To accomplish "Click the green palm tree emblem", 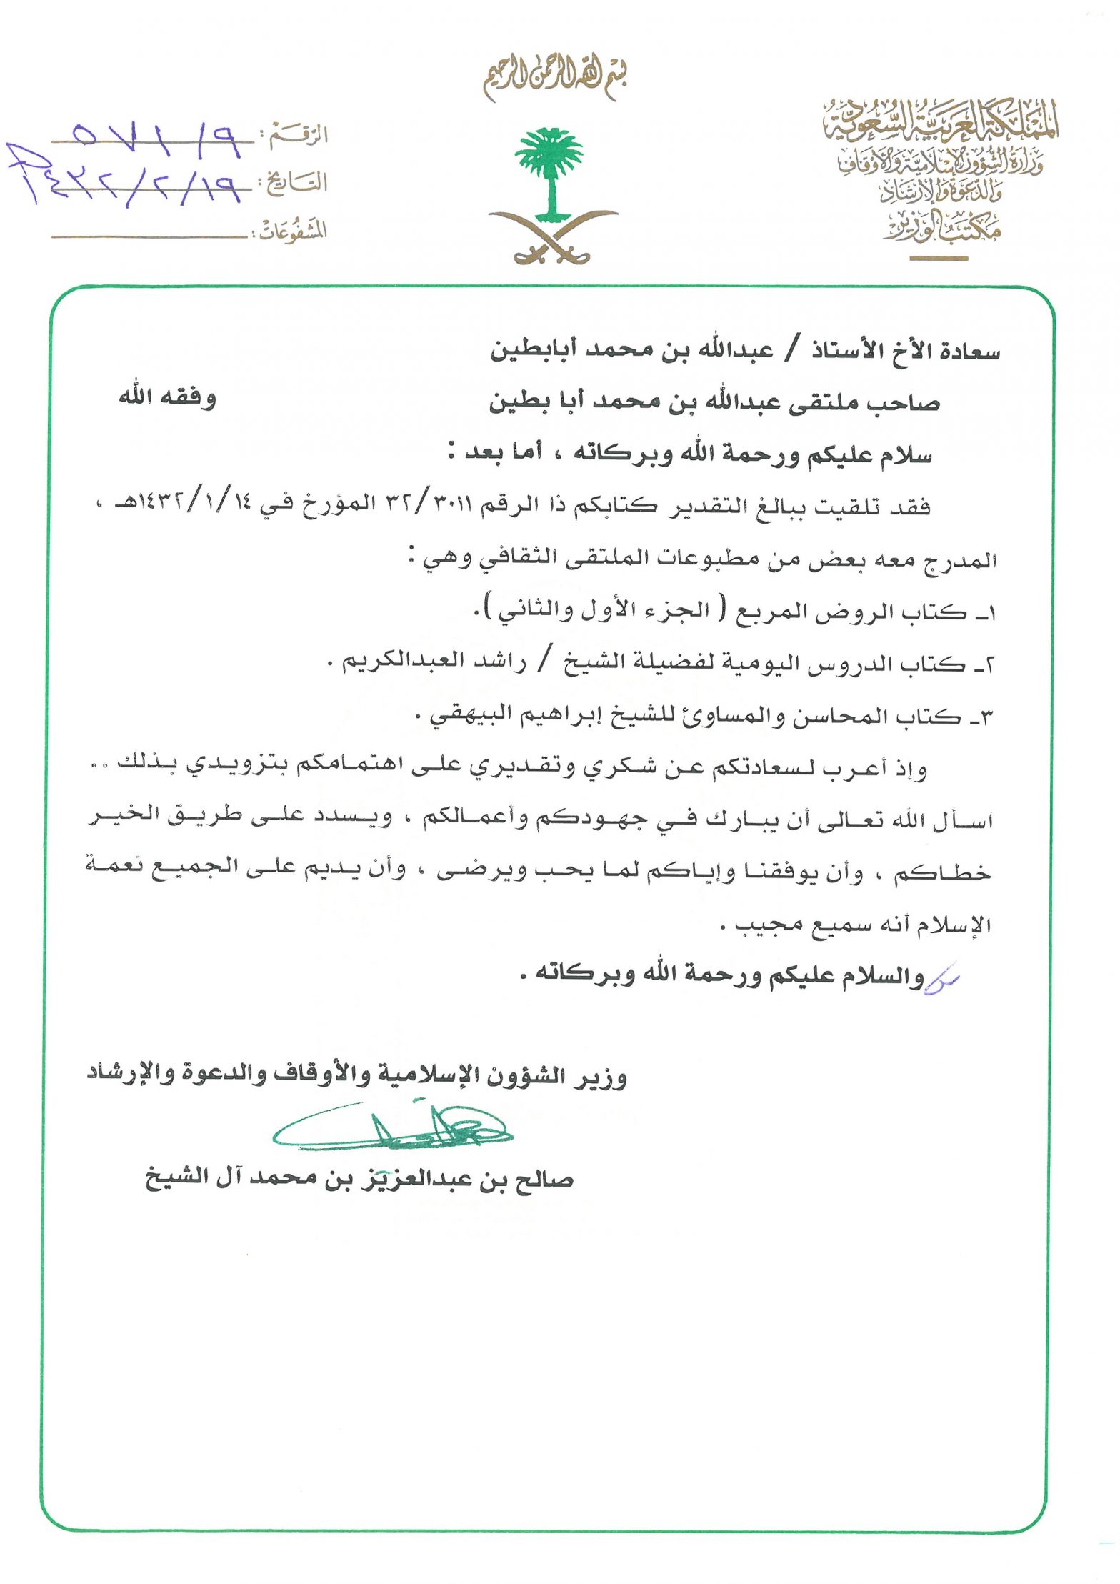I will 549,171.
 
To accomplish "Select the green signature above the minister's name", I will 392,1130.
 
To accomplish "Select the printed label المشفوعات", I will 292,231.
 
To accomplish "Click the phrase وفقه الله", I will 168,397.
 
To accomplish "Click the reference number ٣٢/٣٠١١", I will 428,505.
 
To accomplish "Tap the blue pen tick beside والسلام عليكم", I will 943,980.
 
